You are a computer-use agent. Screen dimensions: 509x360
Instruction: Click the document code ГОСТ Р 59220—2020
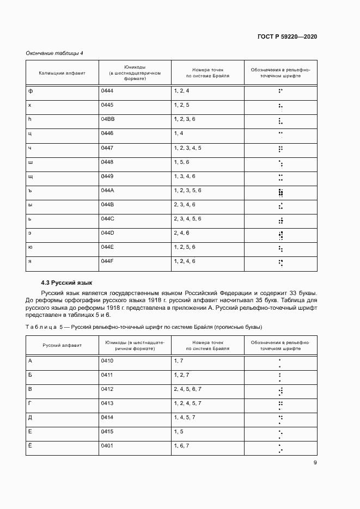[287, 36]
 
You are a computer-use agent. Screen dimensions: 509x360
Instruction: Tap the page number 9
[315, 463]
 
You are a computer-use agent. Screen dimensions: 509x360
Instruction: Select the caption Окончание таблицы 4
[54, 53]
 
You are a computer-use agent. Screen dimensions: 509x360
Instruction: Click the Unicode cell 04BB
[107, 119]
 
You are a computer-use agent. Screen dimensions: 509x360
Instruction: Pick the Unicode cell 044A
[107, 190]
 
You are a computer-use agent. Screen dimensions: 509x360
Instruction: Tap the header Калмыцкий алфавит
[62, 73]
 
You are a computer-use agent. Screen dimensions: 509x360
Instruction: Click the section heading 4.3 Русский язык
[66, 283]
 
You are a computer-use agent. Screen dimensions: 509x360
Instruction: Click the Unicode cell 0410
[107, 360]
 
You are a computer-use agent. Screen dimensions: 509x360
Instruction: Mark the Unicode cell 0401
[107, 445]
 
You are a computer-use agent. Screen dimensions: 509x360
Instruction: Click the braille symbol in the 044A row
[280, 192]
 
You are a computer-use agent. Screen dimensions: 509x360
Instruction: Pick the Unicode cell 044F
[107, 261]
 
